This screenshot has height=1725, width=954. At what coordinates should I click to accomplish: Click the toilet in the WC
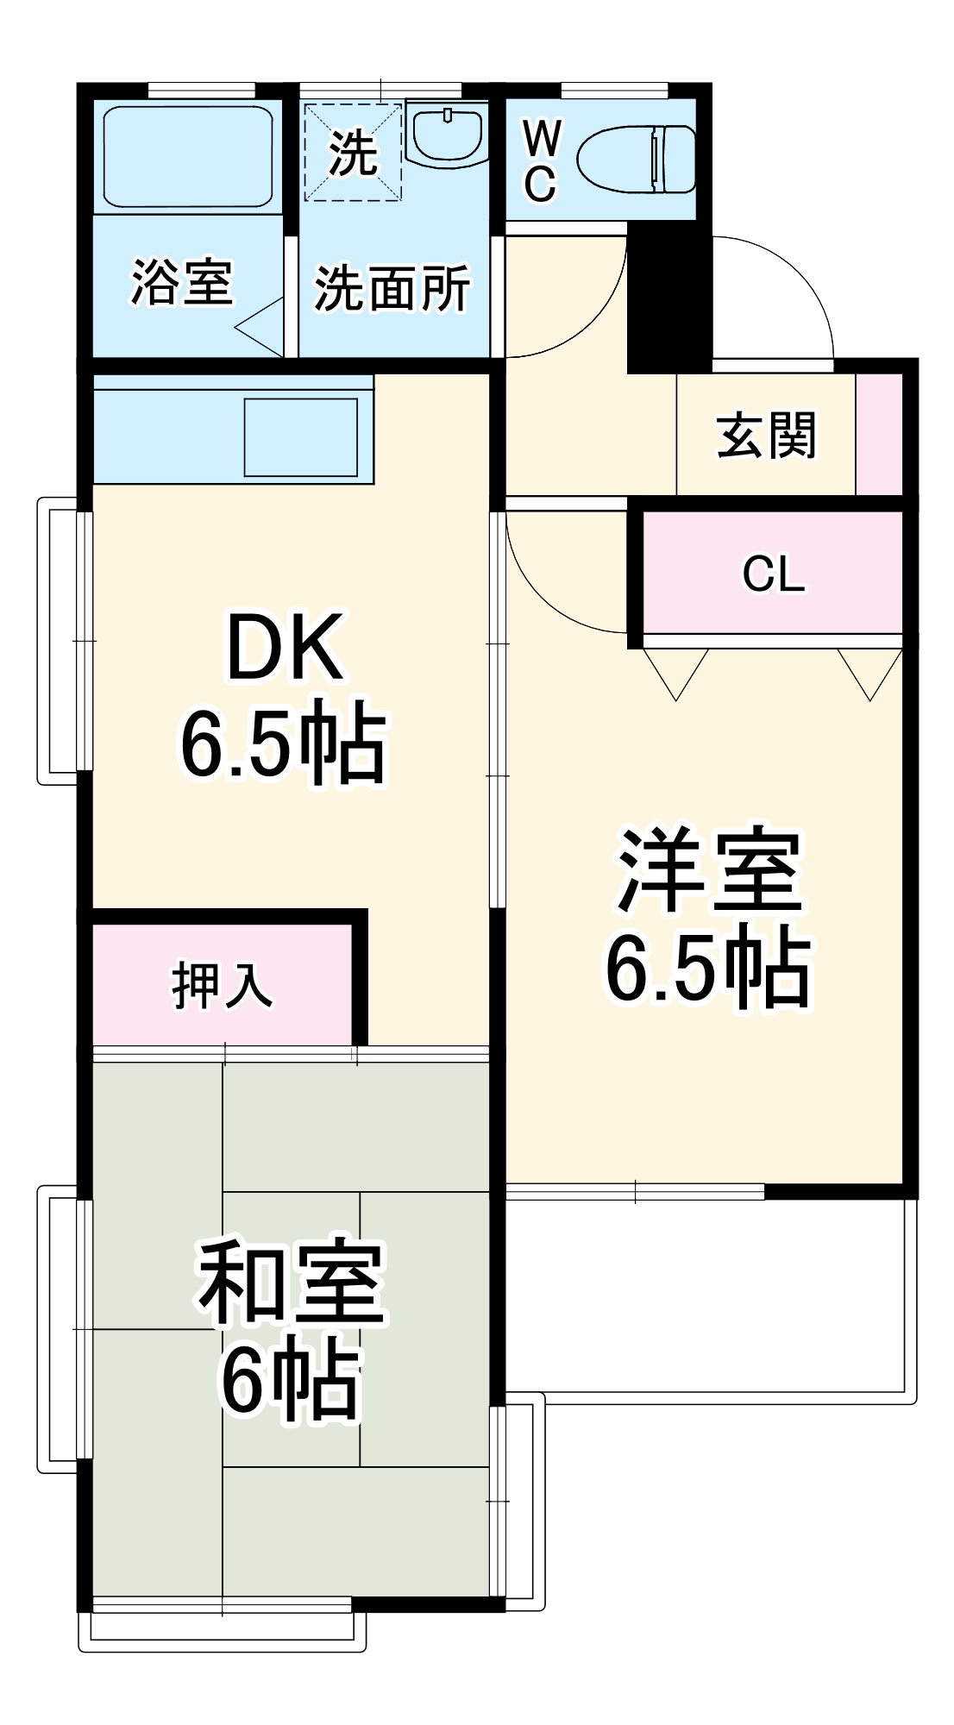637,160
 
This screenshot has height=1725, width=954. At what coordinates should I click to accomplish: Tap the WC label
541,161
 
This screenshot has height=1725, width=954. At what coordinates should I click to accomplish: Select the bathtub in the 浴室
188,156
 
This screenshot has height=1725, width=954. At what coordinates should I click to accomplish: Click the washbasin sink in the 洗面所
446,136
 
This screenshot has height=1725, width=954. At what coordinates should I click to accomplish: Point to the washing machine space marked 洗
353,153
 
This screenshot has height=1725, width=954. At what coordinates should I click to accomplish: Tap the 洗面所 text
392,288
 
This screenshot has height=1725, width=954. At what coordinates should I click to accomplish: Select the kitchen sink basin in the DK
300,436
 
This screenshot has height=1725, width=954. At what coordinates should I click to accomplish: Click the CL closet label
773,574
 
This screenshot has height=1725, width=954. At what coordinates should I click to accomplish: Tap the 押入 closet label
223,985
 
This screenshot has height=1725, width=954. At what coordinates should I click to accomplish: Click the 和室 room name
291,1283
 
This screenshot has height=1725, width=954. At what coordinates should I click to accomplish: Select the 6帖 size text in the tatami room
290,1380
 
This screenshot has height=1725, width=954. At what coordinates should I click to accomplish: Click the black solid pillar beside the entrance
669,298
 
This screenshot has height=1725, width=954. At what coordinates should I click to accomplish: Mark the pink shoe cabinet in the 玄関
878,434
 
